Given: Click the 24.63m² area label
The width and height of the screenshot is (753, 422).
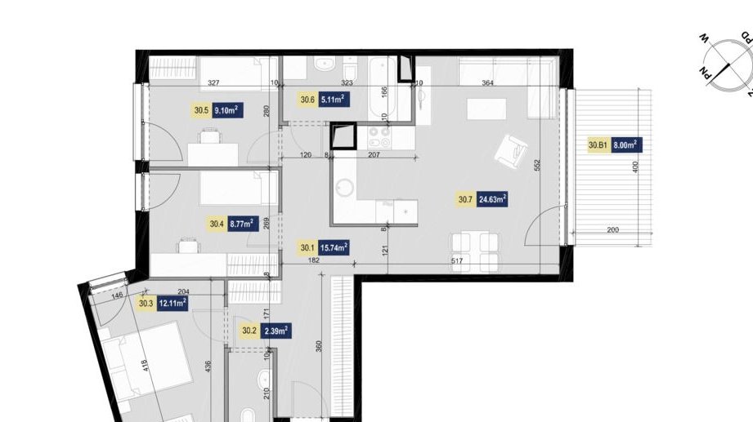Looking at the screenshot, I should click(493, 198).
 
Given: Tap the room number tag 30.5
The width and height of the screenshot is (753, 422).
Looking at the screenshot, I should click(200, 110).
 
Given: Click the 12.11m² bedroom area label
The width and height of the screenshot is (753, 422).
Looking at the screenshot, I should click(173, 304).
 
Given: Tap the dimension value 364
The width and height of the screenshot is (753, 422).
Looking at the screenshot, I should click(487, 83).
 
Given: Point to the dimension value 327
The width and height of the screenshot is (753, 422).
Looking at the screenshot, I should click(213, 83).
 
